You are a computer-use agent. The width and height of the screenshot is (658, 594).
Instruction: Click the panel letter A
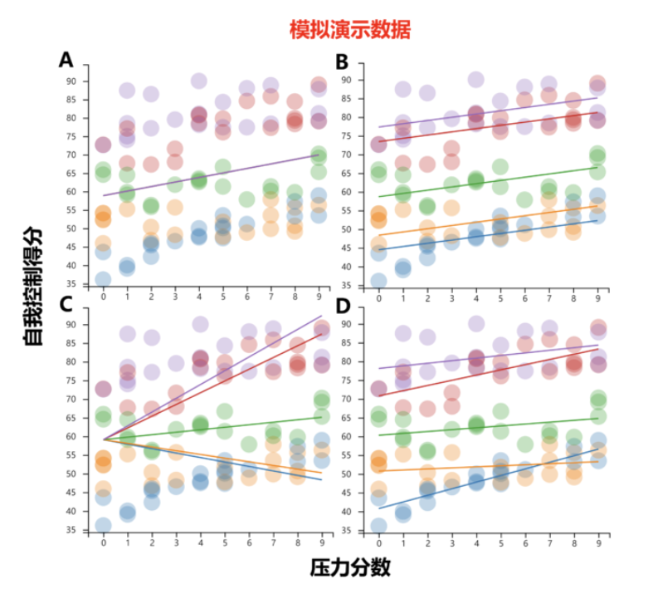(66, 59)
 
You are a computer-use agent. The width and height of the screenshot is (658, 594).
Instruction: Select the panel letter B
(341, 61)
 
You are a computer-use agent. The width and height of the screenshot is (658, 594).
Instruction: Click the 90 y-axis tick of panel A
(72, 81)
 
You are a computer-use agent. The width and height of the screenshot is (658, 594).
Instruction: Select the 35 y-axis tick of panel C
(72, 530)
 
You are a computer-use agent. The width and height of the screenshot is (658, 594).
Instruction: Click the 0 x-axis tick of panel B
(378, 296)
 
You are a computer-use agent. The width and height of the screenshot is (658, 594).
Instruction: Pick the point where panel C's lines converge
(104, 439)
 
